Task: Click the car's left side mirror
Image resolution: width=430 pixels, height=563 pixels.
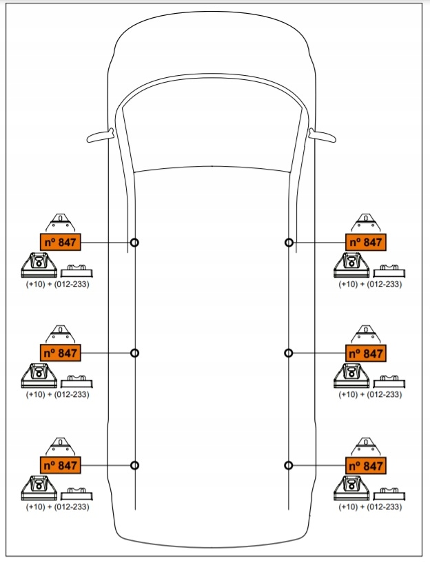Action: point(100,136)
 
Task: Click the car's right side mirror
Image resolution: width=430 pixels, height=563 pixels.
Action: point(322,136)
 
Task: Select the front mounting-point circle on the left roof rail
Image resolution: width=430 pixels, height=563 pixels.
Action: point(134,243)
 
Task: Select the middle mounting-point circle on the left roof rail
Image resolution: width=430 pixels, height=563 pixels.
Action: point(134,354)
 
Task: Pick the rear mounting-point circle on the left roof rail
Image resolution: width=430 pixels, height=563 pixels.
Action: point(134,466)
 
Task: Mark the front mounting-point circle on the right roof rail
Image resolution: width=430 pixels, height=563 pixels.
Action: point(289,243)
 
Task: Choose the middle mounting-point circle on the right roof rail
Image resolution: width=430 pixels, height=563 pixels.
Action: point(289,354)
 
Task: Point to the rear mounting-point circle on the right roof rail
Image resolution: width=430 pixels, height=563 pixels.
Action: point(289,466)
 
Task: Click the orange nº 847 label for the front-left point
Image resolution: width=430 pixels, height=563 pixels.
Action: point(61,243)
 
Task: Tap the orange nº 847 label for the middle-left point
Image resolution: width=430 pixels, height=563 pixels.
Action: point(61,353)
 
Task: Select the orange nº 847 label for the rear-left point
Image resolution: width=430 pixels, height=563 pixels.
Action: point(61,465)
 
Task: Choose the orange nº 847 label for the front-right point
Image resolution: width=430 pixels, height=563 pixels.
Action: point(366,243)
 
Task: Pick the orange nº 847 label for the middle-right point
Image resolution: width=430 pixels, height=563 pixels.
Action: point(366,354)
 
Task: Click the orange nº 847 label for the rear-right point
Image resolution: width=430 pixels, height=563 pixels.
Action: point(366,466)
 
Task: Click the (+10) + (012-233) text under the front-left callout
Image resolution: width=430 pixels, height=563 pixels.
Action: point(57,284)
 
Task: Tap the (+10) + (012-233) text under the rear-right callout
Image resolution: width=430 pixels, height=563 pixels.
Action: point(370,506)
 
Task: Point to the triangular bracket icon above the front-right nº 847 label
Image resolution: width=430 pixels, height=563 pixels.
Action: point(366,223)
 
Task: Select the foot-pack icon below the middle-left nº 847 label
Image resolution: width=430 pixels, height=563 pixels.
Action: point(39,376)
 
